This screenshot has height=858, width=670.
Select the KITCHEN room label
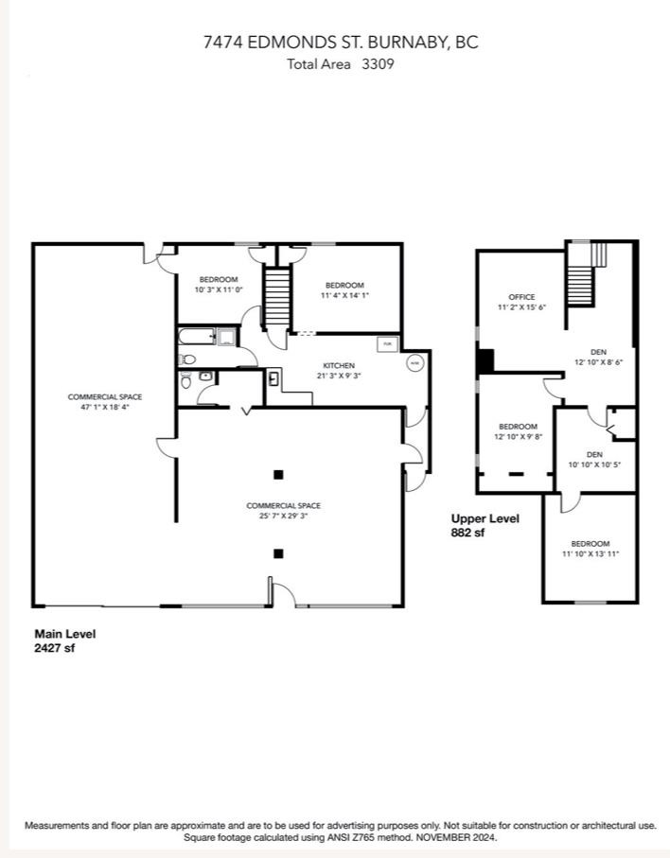click(x=339, y=365)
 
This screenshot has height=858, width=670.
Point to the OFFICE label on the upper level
click(x=521, y=297)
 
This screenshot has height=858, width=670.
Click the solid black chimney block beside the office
click(x=485, y=361)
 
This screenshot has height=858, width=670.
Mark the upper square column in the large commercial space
click(x=277, y=475)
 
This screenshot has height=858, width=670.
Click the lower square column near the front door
click(x=277, y=553)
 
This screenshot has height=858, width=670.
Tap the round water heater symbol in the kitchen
click(x=414, y=362)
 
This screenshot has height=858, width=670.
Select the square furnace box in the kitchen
click(x=387, y=344)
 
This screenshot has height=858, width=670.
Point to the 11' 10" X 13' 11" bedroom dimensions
click(x=590, y=554)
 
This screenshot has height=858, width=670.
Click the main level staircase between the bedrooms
click(x=274, y=296)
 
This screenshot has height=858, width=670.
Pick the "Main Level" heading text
click(x=65, y=634)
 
